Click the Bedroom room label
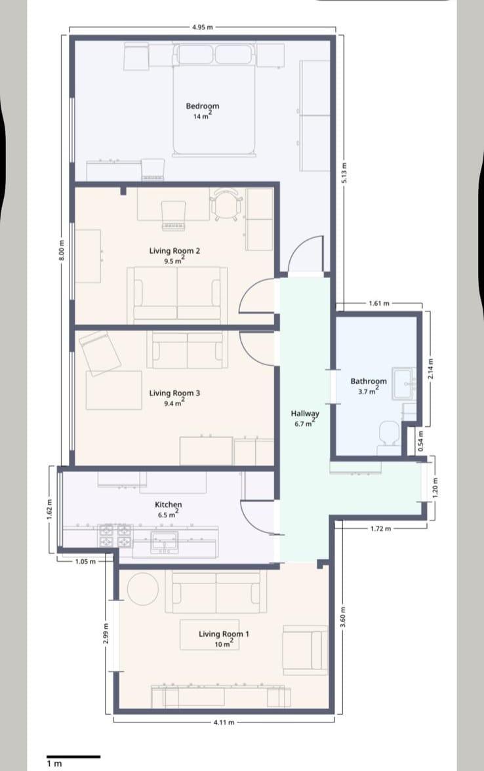click(203, 106)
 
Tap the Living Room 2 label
click(174, 250)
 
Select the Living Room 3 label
click(174, 393)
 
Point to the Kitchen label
click(168, 505)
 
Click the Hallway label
click(305, 414)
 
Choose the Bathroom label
click(369, 381)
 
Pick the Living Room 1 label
click(224, 634)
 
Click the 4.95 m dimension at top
click(203, 27)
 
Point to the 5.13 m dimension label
click(344, 173)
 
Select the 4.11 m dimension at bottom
click(224, 722)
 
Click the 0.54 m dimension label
click(420, 441)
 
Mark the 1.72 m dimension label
click(380, 528)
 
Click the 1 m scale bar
click(73, 757)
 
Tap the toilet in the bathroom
click(390, 435)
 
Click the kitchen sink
click(164, 542)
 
